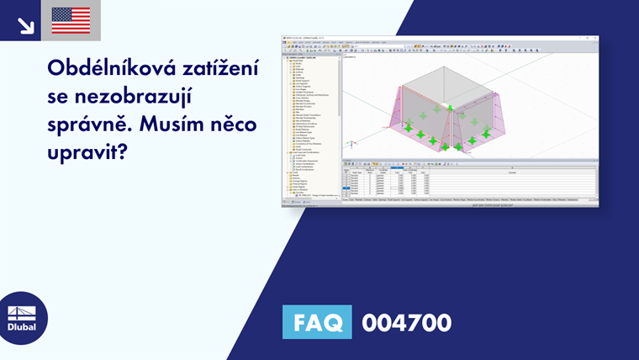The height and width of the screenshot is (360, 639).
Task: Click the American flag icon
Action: (x=71, y=20)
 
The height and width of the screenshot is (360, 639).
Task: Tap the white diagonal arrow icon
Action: (x=25, y=24)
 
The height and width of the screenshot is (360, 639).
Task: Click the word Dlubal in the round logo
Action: (x=23, y=327)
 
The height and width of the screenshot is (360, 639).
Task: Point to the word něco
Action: (x=235, y=125)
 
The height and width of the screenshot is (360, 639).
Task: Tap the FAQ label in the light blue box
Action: (x=318, y=322)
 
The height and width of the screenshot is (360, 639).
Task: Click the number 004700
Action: (x=406, y=322)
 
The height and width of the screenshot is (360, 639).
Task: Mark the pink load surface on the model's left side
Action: (x=387, y=118)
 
